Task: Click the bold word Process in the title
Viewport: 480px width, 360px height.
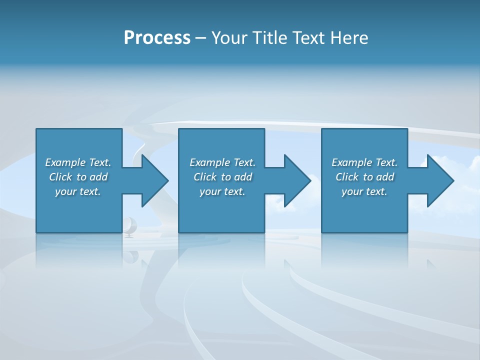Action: pos(157,38)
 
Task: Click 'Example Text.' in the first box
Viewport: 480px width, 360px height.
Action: pos(78,162)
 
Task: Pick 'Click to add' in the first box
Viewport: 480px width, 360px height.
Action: pos(78,177)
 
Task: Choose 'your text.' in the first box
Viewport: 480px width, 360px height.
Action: pos(78,191)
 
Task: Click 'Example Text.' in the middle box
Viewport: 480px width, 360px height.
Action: pos(222,162)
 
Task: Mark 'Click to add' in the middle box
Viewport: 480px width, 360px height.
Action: pos(222,177)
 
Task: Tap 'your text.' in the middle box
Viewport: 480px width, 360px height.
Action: pos(222,191)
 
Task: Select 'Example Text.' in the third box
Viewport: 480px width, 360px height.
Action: pos(364,162)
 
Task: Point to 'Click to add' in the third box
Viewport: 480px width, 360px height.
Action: pos(364,177)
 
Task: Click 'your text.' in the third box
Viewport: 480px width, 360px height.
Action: pos(364,191)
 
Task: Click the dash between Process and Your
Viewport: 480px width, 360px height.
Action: pos(200,38)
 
